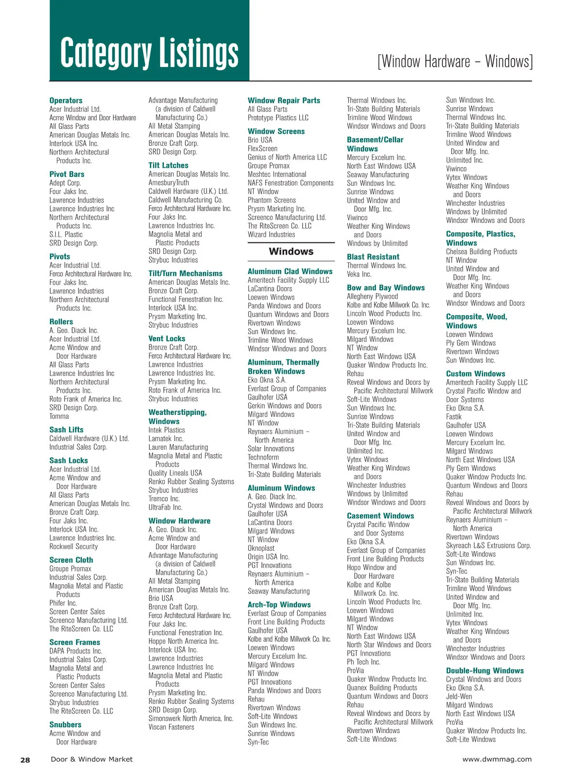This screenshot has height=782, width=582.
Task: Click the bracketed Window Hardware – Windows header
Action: click(x=455, y=62)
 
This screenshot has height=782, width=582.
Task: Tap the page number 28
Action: click(x=25, y=760)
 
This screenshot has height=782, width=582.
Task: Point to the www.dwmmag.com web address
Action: click(x=497, y=759)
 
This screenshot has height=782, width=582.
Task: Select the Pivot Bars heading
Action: click(x=67, y=174)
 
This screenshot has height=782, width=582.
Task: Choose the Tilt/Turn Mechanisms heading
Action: click(x=185, y=273)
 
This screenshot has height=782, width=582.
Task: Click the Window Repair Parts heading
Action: click(x=284, y=100)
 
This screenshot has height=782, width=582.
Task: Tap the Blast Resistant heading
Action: click(x=373, y=257)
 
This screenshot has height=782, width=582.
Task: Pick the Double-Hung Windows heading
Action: click(x=485, y=671)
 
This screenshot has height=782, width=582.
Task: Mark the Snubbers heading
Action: click(x=65, y=725)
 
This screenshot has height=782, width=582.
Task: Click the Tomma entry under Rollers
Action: click(x=59, y=416)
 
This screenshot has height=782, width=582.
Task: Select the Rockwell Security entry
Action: click(x=74, y=546)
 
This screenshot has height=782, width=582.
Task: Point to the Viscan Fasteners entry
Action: click(x=171, y=727)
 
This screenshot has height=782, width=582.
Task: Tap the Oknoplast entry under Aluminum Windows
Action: click(x=261, y=548)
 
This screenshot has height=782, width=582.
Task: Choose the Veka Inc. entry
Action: click(x=359, y=274)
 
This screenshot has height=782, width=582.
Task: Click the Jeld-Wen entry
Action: click(x=459, y=697)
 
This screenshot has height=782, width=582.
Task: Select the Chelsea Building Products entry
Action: click(x=481, y=252)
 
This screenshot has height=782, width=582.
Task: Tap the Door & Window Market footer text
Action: click(x=92, y=759)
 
